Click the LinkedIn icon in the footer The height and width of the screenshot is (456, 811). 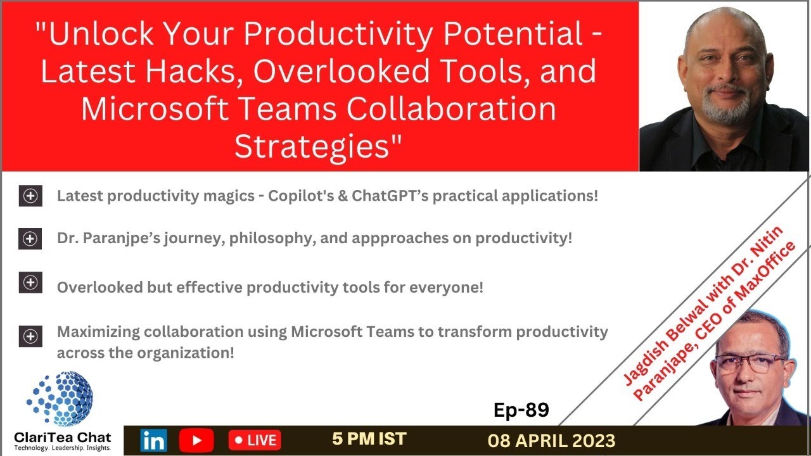pos(153,440)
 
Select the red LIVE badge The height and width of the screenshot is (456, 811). pos(255,440)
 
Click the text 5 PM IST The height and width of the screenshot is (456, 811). pos(369,438)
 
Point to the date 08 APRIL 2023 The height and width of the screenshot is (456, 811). pos(551,441)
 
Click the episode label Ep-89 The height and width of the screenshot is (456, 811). pos(521,410)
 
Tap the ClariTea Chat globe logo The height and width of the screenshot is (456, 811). pos(60,398)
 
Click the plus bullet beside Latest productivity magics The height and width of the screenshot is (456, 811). pos(30,196)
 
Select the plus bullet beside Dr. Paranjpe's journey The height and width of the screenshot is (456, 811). pos(30,239)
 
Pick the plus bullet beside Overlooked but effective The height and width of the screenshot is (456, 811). pos(30,282)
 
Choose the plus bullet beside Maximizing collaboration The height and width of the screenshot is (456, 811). pos(30,336)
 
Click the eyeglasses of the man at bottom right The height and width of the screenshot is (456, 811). pos(750,363)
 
